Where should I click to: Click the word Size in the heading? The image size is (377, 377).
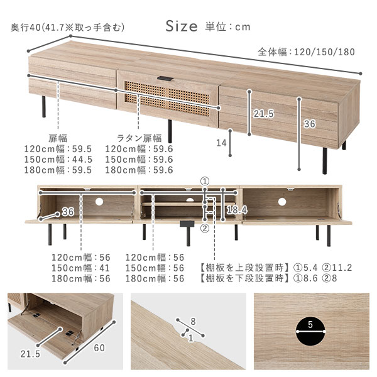click(182, 26)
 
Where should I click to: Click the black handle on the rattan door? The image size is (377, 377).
click(165, 79)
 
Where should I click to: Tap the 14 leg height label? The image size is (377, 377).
click(221, 143)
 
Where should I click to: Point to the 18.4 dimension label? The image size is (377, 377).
click(237, 210)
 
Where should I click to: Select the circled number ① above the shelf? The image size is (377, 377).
click(205, 181)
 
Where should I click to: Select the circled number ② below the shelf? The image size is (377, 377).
click(205, 228)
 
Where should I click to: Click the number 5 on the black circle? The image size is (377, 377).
click(310, 325)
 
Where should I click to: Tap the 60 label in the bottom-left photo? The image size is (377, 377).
click(99, 347)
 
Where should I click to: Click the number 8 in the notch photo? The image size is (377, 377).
click(193, 322)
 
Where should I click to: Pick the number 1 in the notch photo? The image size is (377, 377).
click(190, 338)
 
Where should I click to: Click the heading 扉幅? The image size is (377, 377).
click(58, 138)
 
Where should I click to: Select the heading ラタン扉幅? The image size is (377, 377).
click(139, 138)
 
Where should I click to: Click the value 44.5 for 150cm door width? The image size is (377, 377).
click(82, 160)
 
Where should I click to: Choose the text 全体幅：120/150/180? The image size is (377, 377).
click(307, 52)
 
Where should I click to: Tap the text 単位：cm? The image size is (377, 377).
click(227, 26)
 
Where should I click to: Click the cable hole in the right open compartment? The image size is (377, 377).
click(282, 202)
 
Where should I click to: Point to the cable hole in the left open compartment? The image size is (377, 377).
click(99, 202)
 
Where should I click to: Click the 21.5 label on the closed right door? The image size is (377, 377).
click(264, 114)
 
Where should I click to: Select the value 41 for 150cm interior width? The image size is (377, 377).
click(104, 268)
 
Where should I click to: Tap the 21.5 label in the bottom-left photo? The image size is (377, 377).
click(30, 354)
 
